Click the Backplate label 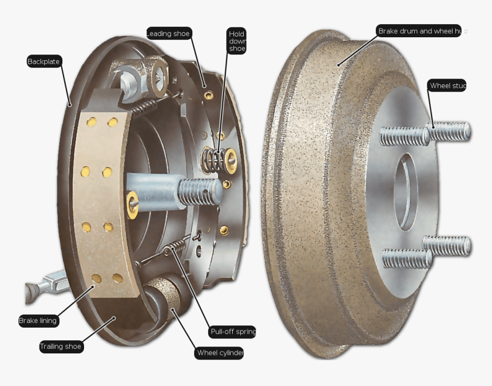click(44, 61)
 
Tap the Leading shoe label click(168, 34)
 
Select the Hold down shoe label click(236, 41)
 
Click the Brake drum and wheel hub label click(419, 31)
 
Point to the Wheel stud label click(447, 86)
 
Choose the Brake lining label click(38, 321)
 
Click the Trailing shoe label click(61, 346)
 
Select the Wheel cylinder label click(220, 353)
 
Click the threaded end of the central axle click(200, 190)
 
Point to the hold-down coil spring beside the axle click(214, 159)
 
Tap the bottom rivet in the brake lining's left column click(96, 278)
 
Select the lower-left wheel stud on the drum click(406, 259)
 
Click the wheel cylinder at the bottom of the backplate click(166, 298)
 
